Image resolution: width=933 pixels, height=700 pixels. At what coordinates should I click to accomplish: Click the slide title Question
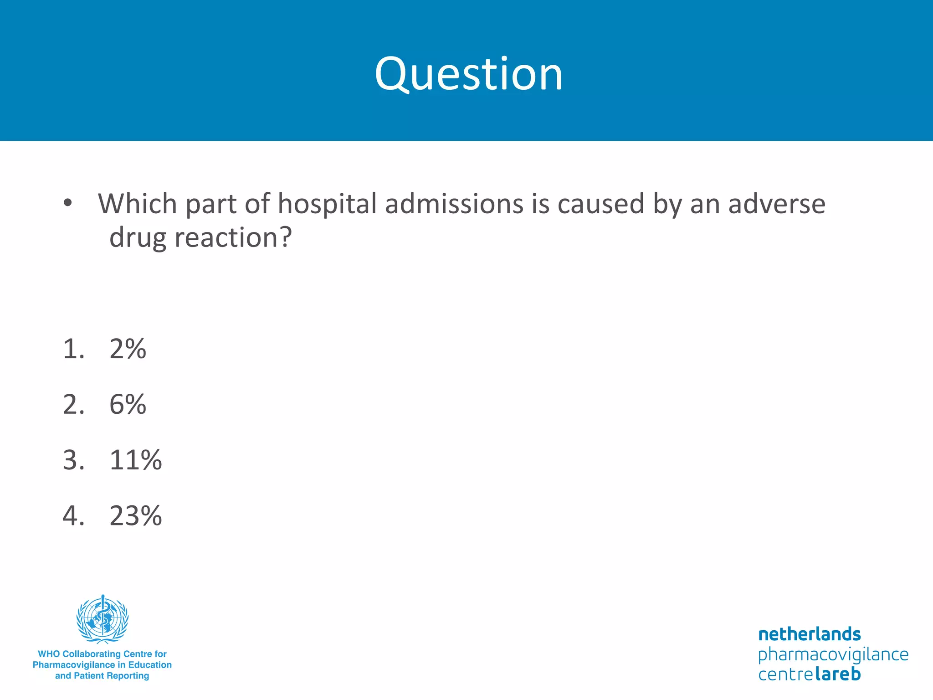click(468, 74)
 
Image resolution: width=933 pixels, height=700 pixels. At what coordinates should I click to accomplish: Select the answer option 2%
click(128, 349)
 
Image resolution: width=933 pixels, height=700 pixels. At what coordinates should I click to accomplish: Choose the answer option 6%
click(128, 404)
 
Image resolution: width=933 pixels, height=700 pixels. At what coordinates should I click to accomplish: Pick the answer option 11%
click(135, 460)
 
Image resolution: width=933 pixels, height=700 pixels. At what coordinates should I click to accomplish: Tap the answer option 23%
click(135, 516)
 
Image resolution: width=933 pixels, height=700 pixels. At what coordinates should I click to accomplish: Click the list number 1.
click(73, 349)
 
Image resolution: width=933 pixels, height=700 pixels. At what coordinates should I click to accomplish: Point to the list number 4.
click(73, 516)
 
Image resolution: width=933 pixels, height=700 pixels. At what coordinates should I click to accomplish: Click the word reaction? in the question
click(233, 237)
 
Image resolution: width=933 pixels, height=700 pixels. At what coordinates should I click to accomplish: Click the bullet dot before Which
click(68, 203)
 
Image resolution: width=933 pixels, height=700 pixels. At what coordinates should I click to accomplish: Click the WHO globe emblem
click(103, 619)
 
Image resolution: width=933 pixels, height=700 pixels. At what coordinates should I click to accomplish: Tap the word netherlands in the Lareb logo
click(809, 634)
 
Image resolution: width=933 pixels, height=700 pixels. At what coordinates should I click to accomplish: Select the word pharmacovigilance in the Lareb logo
click(833, 654)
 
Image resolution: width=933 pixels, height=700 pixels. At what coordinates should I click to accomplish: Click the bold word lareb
click(837, 674)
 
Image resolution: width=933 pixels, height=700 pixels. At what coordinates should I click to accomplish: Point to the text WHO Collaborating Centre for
click(102, 654)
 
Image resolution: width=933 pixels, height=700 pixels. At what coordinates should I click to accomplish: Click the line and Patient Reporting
click(102, 676)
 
